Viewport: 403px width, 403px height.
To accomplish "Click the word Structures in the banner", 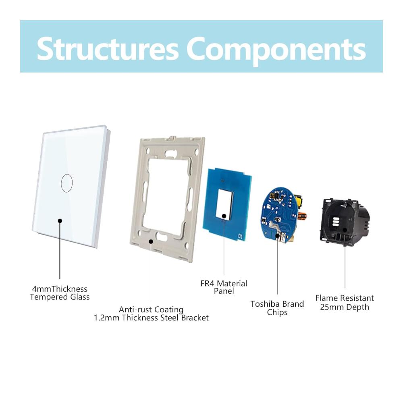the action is click(x=108, y=49).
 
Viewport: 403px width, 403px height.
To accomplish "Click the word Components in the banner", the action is click(x=276, y=51).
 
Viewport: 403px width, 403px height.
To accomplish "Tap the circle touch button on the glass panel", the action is click(x=67, y=183).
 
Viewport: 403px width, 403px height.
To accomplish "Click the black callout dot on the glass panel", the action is click(x=60, y=221).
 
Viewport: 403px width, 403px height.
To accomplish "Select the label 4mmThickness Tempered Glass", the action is click(x=60, y=293).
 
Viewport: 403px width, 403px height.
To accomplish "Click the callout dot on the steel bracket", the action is click(x=151, y=241).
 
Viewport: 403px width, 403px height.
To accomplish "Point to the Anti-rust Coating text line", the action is click(x=151, y=310).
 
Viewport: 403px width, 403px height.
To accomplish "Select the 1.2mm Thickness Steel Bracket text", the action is click(x=151, y=318).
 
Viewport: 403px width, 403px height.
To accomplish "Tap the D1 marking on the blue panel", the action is click(x=241, y=236).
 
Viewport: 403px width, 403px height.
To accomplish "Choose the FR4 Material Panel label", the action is click(x=224, y=287).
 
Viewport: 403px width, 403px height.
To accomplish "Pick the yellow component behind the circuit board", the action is click(x=298, y=201).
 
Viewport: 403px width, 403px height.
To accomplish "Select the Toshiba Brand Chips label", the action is click(x=277, y=308).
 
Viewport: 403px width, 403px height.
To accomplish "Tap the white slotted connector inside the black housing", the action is click(x=335, y=222).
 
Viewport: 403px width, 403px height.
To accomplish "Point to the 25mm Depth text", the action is click(x=345, y=307).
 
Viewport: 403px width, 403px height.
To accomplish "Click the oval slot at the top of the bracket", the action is click(x=170, y=154).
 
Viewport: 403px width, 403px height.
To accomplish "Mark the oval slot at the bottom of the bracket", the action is click(x=162, y=236).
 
